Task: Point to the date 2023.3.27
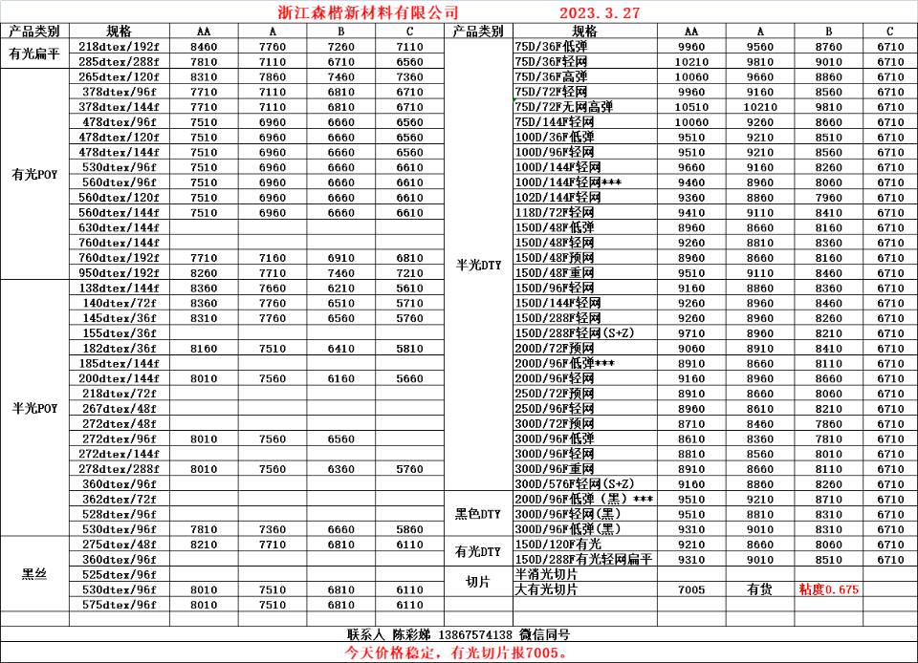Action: (600, 12)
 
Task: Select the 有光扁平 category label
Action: (34, 53)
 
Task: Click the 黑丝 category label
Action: (34, 574)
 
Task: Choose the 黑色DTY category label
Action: (477, 514)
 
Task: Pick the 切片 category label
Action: (477, 582)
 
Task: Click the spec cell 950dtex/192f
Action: (119, 272)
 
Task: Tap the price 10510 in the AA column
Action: (690, 107)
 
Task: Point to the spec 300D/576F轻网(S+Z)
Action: (574, 484)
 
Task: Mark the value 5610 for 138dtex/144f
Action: (409, 288)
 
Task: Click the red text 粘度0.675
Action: (828, 589)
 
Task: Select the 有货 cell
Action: (760, 589)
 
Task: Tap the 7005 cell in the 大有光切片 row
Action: (690, 589)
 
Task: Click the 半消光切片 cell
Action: (546, 574)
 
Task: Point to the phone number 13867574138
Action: (475, 634)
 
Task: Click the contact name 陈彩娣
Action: (411, 634)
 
